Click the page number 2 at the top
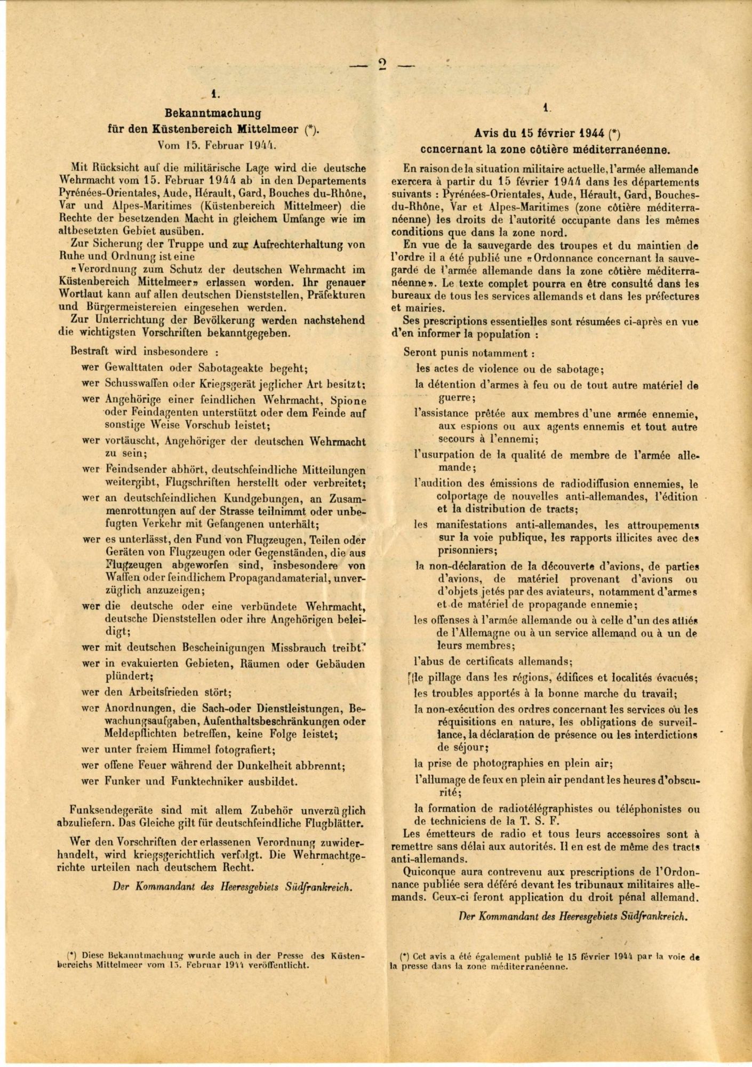click(x=382, y=65)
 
